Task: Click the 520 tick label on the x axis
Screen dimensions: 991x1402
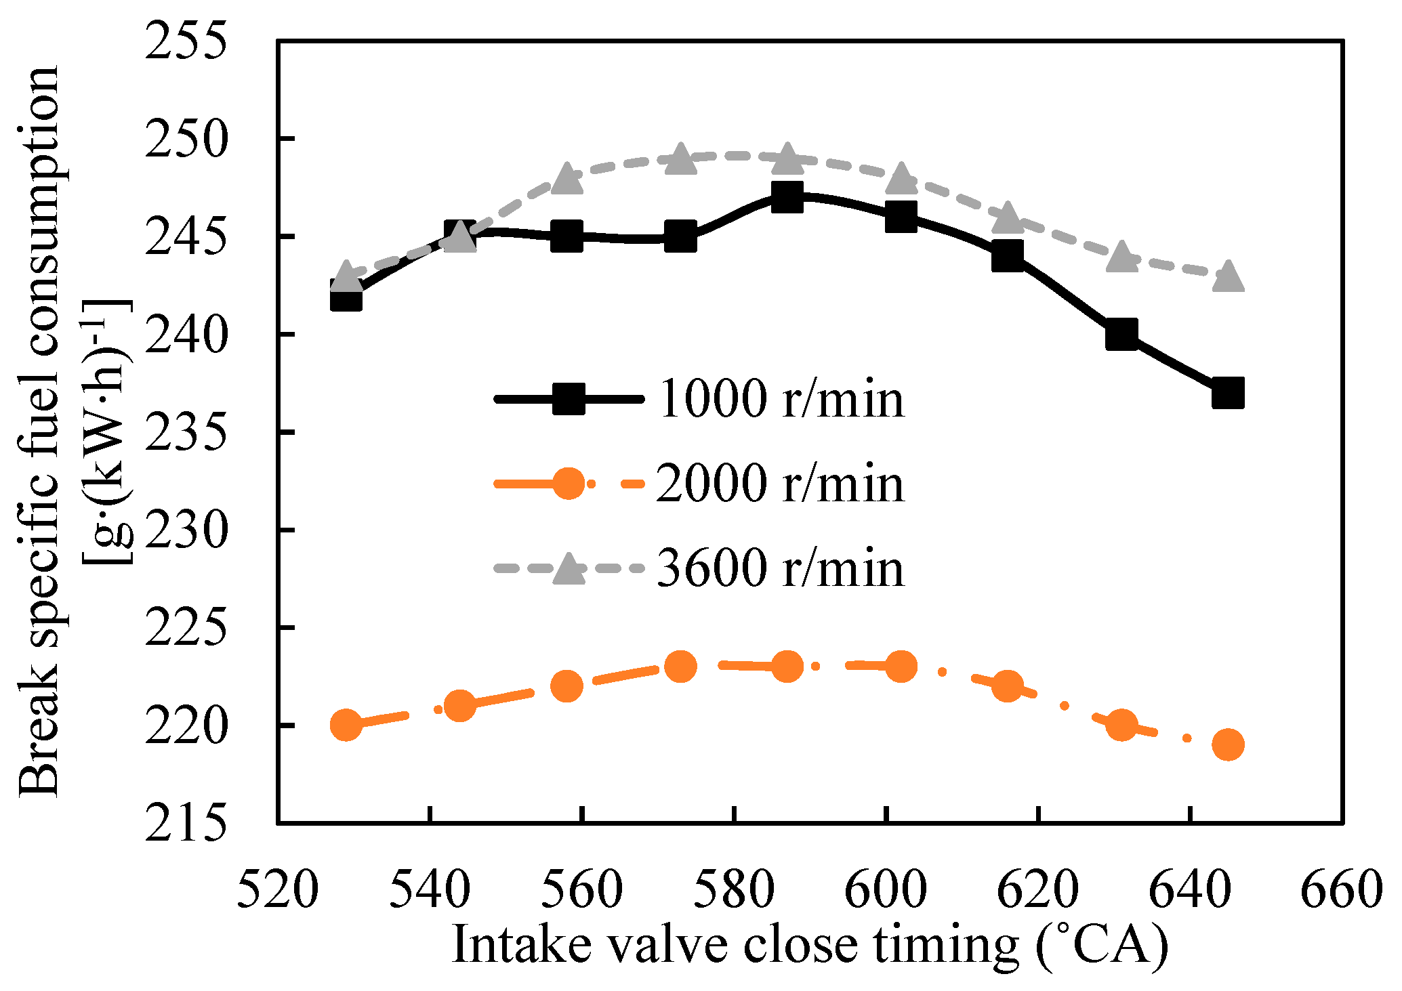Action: (x=277, y=889)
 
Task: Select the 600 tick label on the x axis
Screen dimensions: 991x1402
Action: (x=886, y=889)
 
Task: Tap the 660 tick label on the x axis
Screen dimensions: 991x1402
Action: (x=1341, y=889)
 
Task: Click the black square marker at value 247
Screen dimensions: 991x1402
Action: (x=787, y=197)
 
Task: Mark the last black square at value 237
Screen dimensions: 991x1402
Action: (x=1228, y=394)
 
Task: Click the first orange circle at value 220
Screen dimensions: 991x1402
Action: (x=346, y=725)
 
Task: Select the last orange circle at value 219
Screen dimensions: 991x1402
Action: (x=1228, y=745)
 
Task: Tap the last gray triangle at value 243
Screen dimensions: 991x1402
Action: (x=1228, y=277)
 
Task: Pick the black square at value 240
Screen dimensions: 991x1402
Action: (x=1121, y=335)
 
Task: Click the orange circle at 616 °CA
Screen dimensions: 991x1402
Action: (x=1007, y=686)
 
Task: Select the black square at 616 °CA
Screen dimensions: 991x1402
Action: (x=1007, y=257)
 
